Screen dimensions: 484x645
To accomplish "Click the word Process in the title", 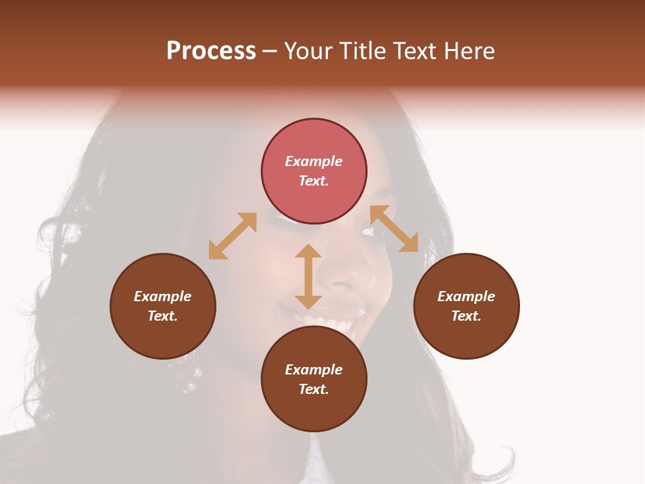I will [211, 51].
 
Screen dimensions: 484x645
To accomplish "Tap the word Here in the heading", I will [468, 51].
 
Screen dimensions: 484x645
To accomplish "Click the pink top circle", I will [314, 171].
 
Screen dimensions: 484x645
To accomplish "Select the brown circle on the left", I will [163, 306].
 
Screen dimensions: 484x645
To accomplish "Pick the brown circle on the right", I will [466, 306].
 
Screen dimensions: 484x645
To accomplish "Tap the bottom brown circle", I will [314, 379].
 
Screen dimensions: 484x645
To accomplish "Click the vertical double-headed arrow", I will [308, 276].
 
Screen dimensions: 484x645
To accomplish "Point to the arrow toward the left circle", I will [232, 236].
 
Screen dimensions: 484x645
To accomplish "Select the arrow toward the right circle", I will [394, 229].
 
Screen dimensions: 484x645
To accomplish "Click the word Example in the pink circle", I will [314, 161].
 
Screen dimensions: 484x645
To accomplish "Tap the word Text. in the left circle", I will [163, 316].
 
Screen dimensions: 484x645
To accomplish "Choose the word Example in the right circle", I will [466, 296].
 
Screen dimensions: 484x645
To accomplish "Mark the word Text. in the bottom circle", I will [314, 389].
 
